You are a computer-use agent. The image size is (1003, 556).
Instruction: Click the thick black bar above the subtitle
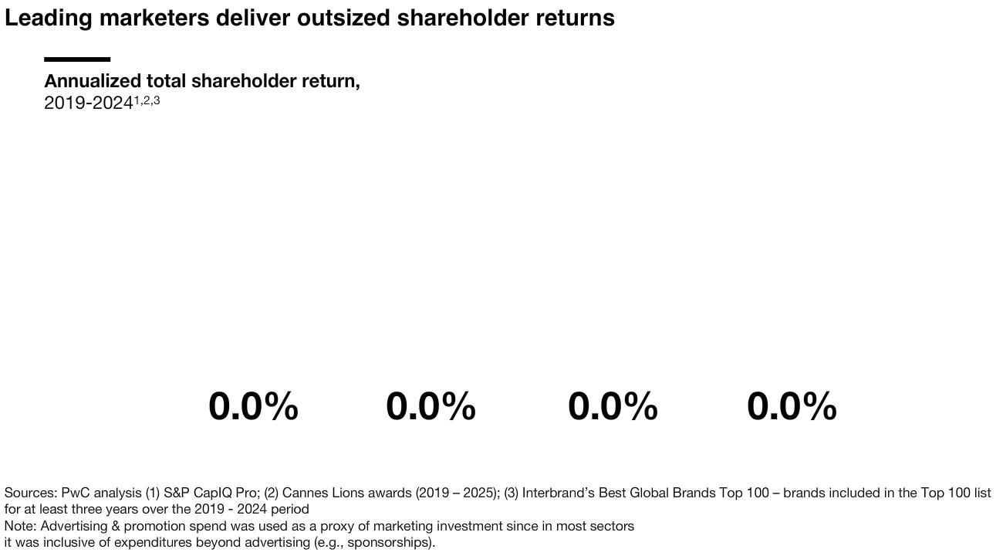[x=77, y=59]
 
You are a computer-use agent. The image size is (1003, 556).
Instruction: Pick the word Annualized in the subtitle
[x=92, y=81]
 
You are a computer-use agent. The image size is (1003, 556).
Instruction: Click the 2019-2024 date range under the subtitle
[x=88, y=103]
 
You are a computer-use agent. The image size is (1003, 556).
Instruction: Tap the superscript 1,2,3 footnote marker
[x=147, y=100]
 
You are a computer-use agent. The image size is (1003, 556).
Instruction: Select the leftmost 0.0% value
[x=253, y=406]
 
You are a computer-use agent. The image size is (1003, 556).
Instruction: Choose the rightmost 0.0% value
[x=792, y=406]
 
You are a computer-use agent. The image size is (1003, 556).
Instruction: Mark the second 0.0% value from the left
[x=431, y=406]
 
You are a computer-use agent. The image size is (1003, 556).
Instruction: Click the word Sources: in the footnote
[x=31, y=493]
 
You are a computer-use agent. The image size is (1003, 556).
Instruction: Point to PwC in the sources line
[x=76, y=493]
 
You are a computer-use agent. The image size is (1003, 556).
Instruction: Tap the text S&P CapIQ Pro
[x=211, y=493]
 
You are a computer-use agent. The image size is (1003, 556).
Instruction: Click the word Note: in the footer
[x=20, y=526]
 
